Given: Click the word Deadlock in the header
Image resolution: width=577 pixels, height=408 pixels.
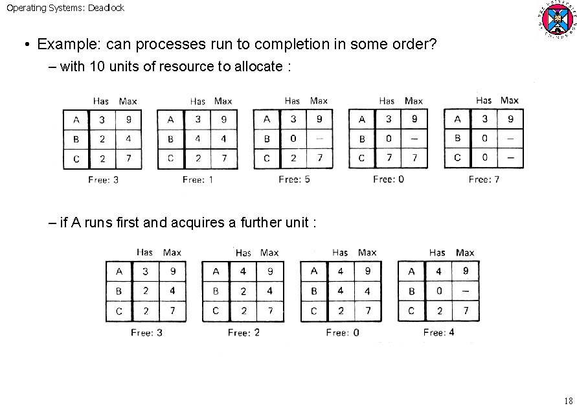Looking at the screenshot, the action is click(x=107, y=8).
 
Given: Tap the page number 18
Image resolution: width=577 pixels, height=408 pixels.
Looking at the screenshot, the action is click(x=569, y=400).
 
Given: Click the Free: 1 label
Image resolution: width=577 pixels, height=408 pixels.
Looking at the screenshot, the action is click(x=198, y=179).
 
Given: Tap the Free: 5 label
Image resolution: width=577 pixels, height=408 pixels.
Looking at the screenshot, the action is click(x=294, y=179).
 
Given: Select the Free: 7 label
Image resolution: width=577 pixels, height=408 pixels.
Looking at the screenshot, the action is click(x=484, y=179).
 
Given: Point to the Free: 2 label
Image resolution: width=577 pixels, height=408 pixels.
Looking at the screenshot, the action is click(x=243, y=332).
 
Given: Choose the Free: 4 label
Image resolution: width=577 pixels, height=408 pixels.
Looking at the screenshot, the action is click(x=438, y=332).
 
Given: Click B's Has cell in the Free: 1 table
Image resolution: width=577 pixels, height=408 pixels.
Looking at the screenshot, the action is click(x=198, y=139).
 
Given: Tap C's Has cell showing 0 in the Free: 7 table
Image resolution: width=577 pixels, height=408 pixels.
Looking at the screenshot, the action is click(x=484, y=157).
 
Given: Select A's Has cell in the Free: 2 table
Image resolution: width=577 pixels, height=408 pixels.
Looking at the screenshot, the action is click(x=243, y=272).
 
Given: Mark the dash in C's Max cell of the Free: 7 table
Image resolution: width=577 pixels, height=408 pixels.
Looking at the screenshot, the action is click(x=510, y=157).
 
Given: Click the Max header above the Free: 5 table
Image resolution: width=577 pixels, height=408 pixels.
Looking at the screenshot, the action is click(x=319, y=100).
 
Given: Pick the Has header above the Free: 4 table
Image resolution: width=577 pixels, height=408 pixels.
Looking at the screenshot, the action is click(x=437, y=253).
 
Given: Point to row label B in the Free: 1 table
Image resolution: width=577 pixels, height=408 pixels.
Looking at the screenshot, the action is click(x=170, y=139).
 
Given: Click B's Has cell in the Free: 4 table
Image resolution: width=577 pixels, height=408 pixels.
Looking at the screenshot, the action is click(x=438, y=291).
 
